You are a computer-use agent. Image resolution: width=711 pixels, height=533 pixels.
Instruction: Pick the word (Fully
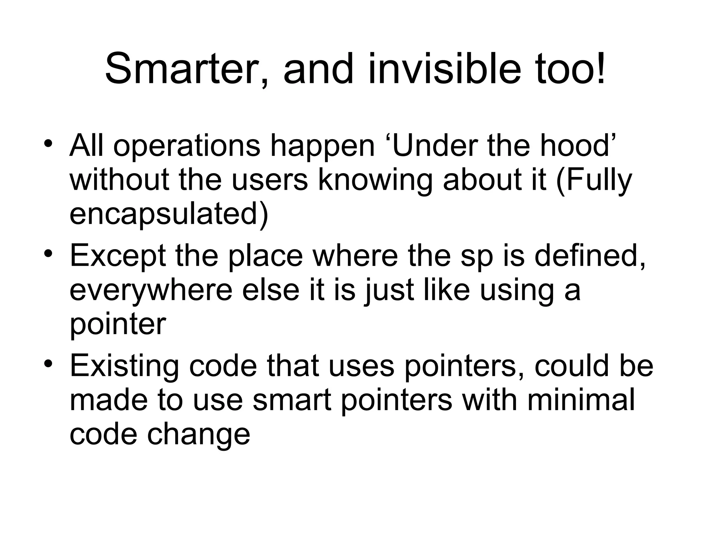click(x=594, y=180)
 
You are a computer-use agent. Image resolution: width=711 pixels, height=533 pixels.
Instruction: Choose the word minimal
click(x=581, y=399)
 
